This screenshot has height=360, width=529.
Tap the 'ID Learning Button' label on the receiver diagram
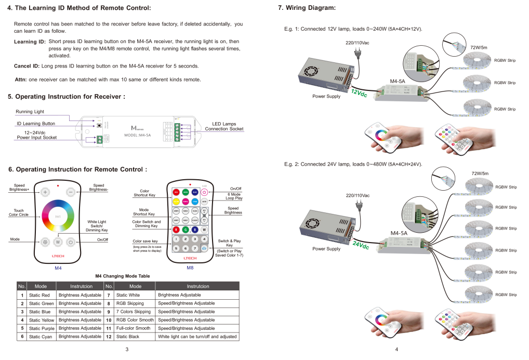tap(36, 124)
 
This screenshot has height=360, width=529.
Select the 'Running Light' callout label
tap(30, 112)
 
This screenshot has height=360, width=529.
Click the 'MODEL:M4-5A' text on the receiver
tap(138, 135)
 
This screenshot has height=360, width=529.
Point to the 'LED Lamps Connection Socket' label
tap(224, 127)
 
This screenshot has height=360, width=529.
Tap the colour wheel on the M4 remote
tap(58, 216)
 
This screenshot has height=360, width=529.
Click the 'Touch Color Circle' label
tap(19, 213)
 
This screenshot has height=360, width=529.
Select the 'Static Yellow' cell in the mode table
tap(42, 320)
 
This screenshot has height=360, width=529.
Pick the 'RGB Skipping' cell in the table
tap(130, 303)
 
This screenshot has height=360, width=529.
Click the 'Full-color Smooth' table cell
tap(133, 328)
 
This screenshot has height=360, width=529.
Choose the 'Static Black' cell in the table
tap(128, 337)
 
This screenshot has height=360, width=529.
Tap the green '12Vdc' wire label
tap(359, 94)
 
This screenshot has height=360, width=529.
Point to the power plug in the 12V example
tap(358, 52)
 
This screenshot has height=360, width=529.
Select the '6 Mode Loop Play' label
tap(235, 196)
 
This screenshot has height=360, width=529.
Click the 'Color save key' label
tap(145, 241)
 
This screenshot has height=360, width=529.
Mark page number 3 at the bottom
tap(127, 350)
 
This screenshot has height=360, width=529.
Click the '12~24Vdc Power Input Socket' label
tap(37, 135)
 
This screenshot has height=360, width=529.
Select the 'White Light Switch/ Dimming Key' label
tap(97, 225)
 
